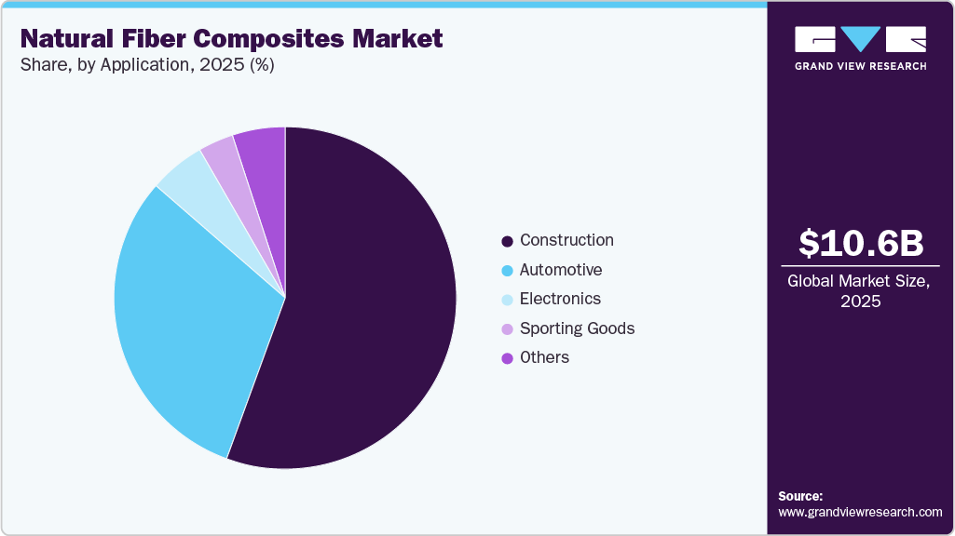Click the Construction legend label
(566, 240)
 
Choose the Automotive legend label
(561, 270)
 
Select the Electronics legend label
(560, 299)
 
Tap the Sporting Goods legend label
(577, 328)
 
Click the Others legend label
(544, 357)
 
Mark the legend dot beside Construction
(507, 241)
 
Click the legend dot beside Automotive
(507, 271)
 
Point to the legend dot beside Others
(507, 358)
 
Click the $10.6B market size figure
(860, 243)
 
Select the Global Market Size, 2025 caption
(859, 290)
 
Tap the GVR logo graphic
(860, 39)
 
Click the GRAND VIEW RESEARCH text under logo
(860, 66)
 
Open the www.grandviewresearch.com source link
(860, 512)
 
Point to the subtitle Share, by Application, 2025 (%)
(146, 65)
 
